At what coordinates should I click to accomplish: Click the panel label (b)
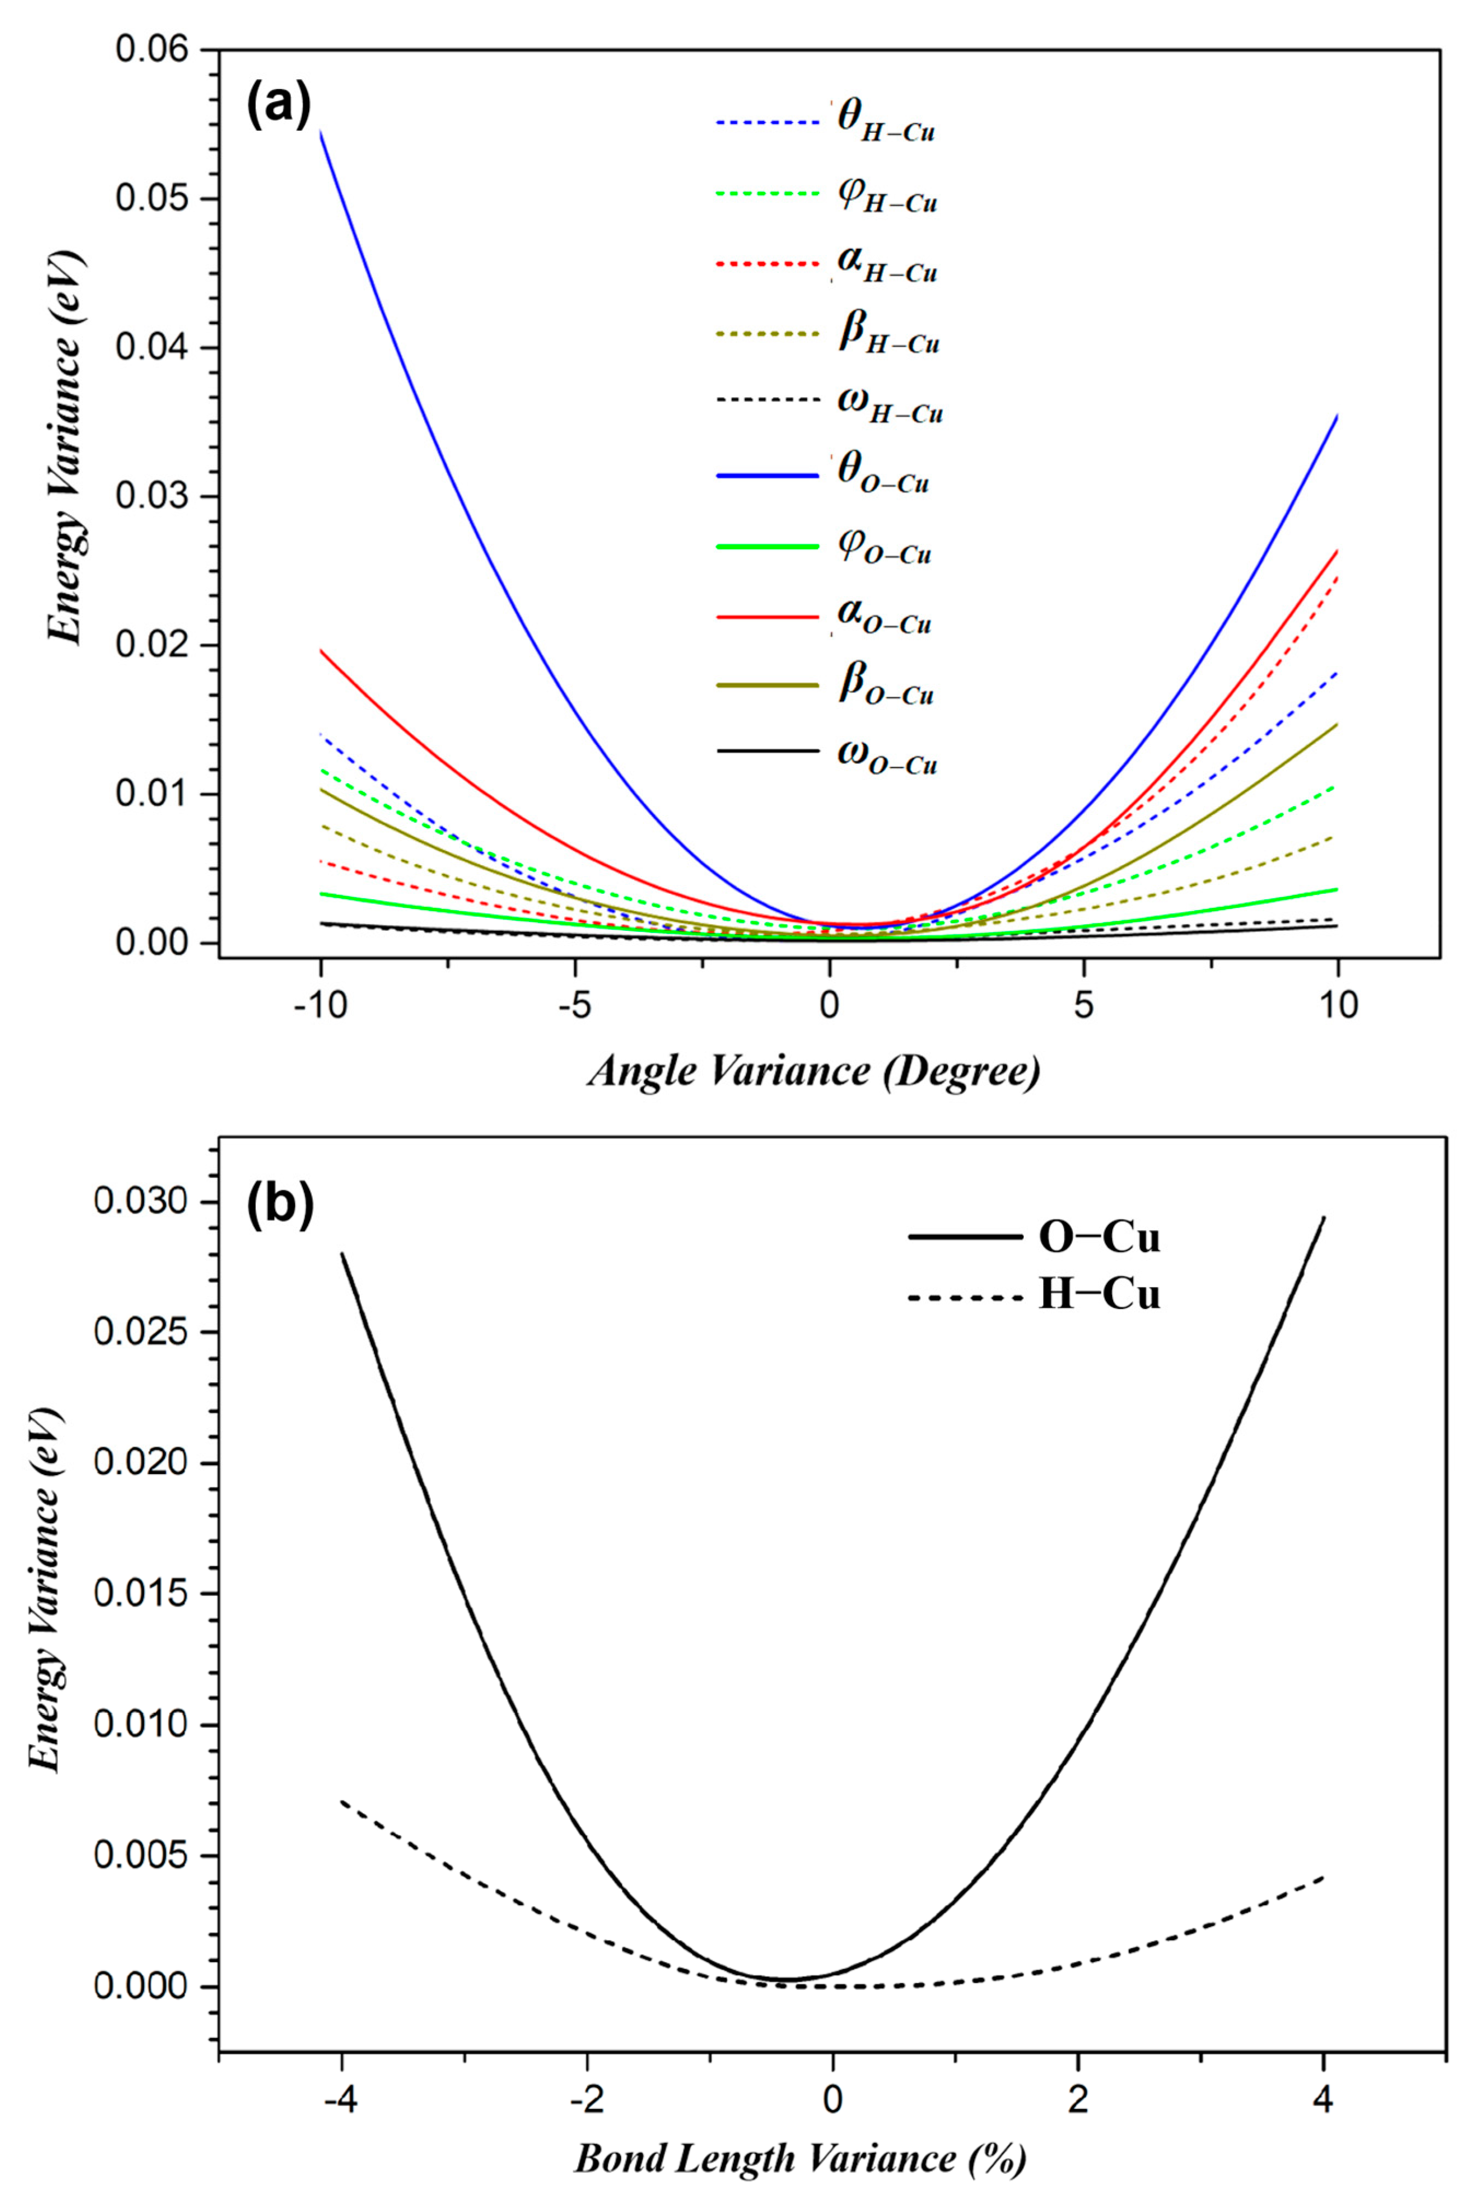tap(279, 1205)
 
